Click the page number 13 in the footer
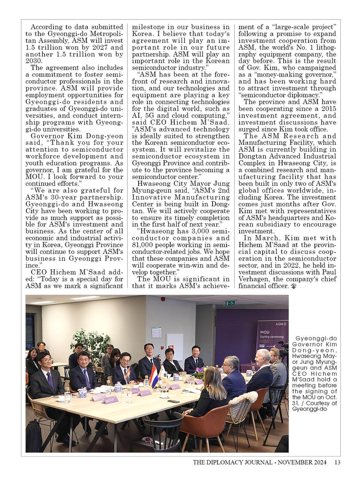[x=337, y=462]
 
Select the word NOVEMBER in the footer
[x=287, y=462]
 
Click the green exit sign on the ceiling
[x=230, y=303]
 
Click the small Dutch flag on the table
[x=154, y=376]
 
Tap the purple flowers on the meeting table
[x=198, y=373]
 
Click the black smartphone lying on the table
[x=173, y=401]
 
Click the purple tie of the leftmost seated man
[x=50, y=381]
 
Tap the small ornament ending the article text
[x=292, y=286]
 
